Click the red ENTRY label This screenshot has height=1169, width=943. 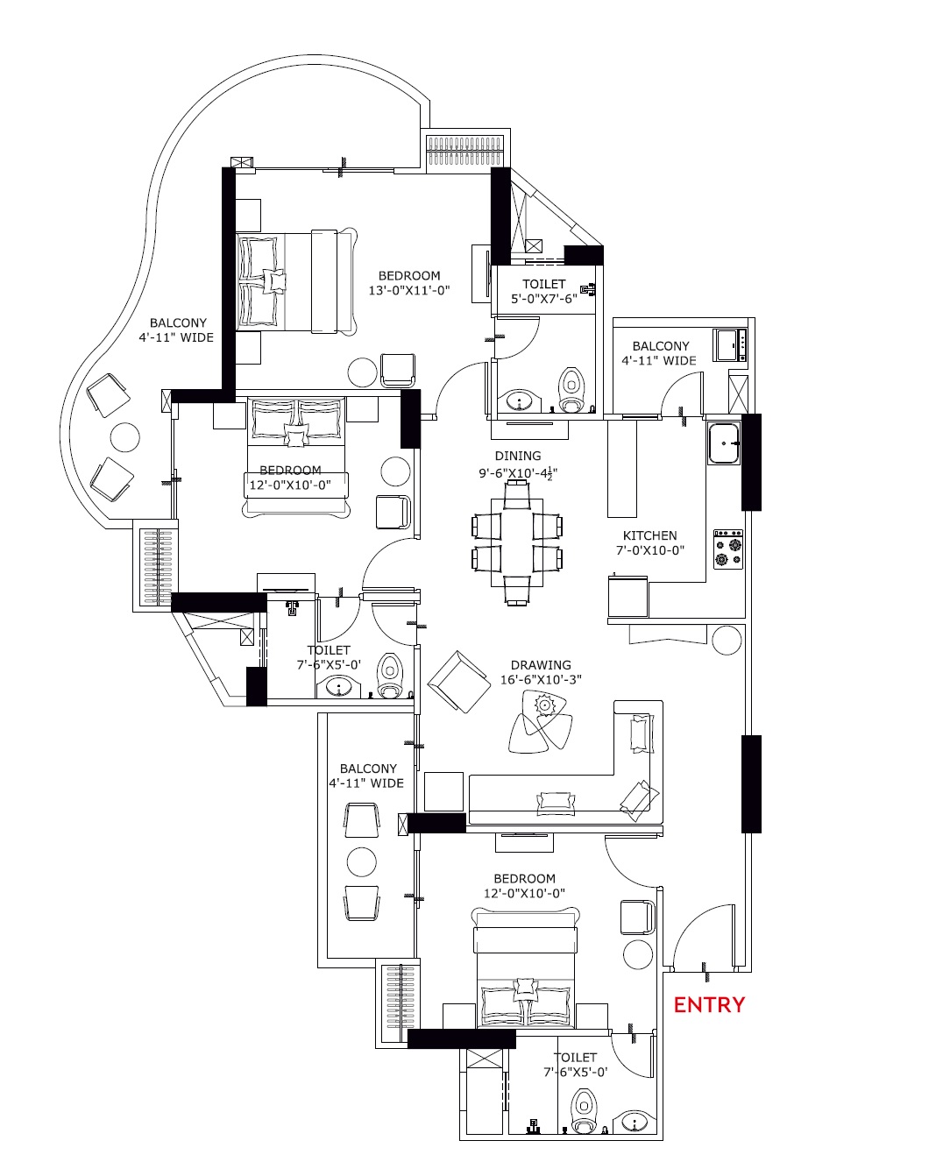pyautogui.click(x=709, y=1005)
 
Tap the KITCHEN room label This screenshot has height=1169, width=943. pyautogui.click(x=649, y=535)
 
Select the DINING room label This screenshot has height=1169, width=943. pyautogui.click(x=518, y=456)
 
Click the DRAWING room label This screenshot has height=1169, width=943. pyautogui.click(x=541, y=665)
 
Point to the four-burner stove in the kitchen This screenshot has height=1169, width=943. pyautogui.click(x=728, y=549)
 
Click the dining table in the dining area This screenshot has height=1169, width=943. pyautogui.click(x=516, y=542)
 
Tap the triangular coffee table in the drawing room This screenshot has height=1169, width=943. pyautogui.click(x=541, y=721)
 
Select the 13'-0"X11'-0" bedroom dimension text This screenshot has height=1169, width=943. pyautogui.click(x=409, y=291)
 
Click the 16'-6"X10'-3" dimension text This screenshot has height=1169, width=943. pyautogui.click(x=541, y=679)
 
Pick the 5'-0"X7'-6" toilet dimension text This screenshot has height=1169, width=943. pyautogui.click(x=543, y=298)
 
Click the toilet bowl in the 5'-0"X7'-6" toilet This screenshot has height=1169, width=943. pyautogui.click(x=571, y=390)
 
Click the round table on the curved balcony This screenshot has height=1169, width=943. pyautogui.click(x=125, y=437)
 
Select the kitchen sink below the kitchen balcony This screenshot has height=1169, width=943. pyautogui.click(x=724, y=443)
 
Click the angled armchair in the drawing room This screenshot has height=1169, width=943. pyautogui.click(x=459, y=682)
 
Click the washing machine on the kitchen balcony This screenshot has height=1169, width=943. pyautogui.click(x=731, y=344)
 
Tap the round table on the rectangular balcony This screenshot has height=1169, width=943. pyautogui.click(x=361, y=861)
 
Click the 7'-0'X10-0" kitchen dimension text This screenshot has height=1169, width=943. pyautogui.click(x=649, y=549)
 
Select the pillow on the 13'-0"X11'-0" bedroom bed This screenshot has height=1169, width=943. pyautogui.click(x=273, y=281)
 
